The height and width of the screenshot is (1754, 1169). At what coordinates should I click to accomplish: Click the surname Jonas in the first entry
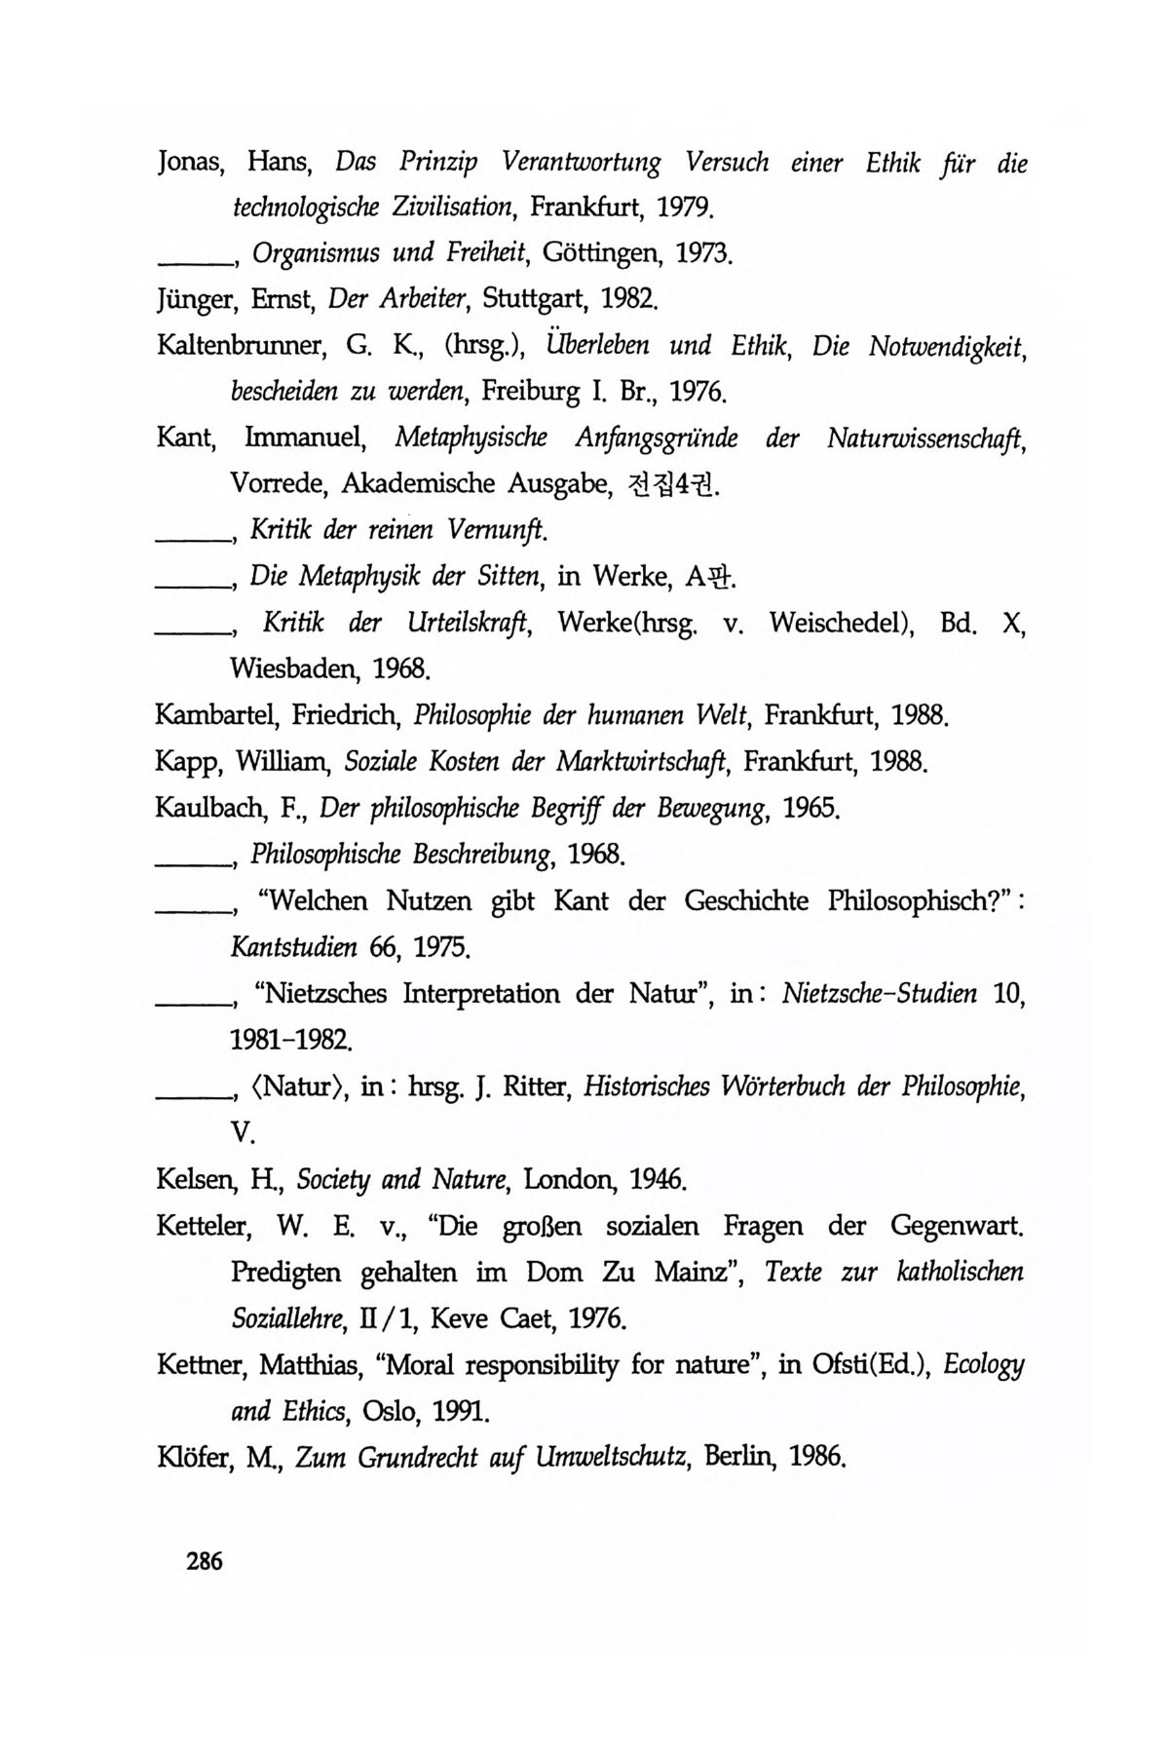(191, 163)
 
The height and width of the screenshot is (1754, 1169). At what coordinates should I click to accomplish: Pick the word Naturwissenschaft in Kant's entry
(927, 439)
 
